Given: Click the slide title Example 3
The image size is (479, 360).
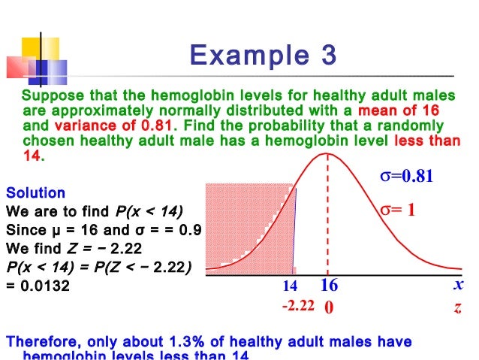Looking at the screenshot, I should (x=263, y=56).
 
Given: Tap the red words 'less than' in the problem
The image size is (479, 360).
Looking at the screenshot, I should (x=424, y=141).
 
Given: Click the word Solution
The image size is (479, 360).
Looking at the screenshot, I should (x=35, y=193).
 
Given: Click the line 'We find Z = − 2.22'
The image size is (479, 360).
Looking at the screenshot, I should (x=77, y=247).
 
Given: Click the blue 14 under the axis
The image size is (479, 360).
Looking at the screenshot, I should (x=290, y=286).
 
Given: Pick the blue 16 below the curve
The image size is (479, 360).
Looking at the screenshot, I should (x=329, y=286).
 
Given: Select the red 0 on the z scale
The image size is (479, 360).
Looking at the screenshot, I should (x=328, y=307).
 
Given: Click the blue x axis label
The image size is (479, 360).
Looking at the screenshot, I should (x=458, y=286).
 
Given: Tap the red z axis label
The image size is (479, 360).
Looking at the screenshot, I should (x=457, y=307).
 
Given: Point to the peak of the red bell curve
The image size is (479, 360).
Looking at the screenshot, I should (x=328, y=154).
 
